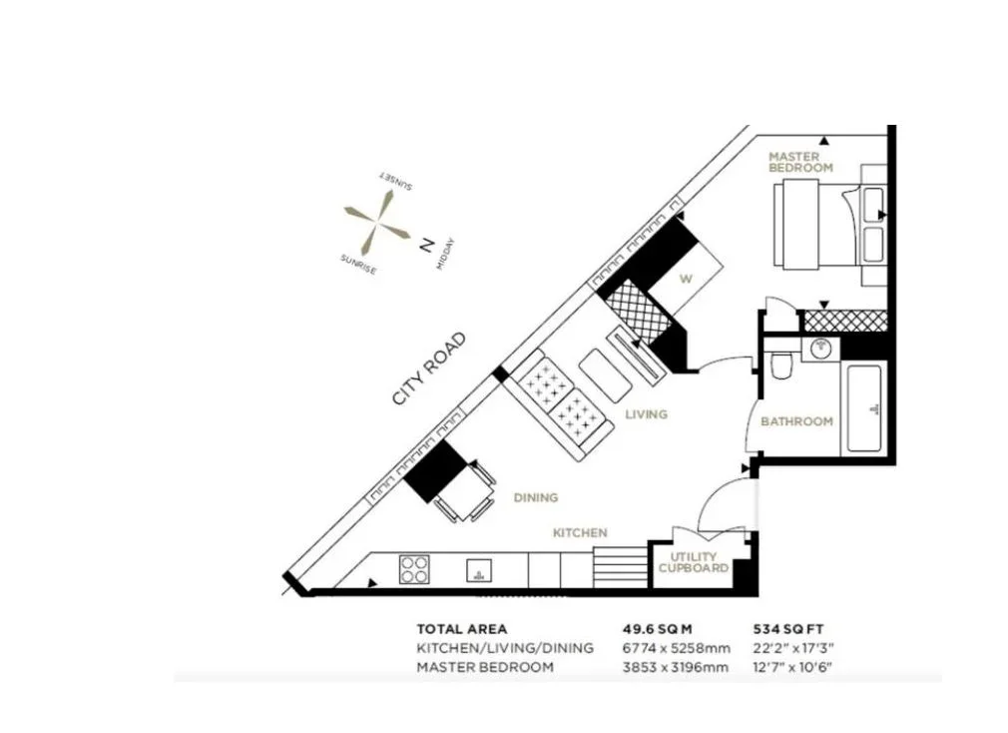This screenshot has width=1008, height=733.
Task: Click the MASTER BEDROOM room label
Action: pos(801,162)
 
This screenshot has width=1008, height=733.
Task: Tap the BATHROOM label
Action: pos(796,421)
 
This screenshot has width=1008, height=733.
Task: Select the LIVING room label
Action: pos(646,414)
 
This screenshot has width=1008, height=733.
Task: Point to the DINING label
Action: pos(536,497)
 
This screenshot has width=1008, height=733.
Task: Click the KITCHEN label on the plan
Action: pos(580,532)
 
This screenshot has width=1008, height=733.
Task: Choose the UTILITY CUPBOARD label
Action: pos(694,562)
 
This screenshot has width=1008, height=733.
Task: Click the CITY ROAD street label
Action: pos(429,368)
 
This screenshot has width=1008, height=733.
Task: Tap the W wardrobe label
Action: pos(686,279)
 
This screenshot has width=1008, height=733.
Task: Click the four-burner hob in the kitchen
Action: pos(414,569)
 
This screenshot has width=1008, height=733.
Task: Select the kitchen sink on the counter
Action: pos(478,569)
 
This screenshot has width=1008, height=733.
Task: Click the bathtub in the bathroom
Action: pos(863,407)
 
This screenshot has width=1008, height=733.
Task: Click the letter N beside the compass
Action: pos(425,245)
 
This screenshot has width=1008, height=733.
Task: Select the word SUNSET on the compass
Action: pos(395,181)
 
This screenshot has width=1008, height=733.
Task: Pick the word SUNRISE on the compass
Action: pos(358,264)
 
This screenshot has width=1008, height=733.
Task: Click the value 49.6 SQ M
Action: pos(657,629)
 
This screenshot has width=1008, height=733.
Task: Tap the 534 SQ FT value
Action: pos(788,629)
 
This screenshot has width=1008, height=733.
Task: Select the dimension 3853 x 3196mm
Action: pos(675,667)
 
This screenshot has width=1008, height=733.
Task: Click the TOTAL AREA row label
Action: pos(461,629)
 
